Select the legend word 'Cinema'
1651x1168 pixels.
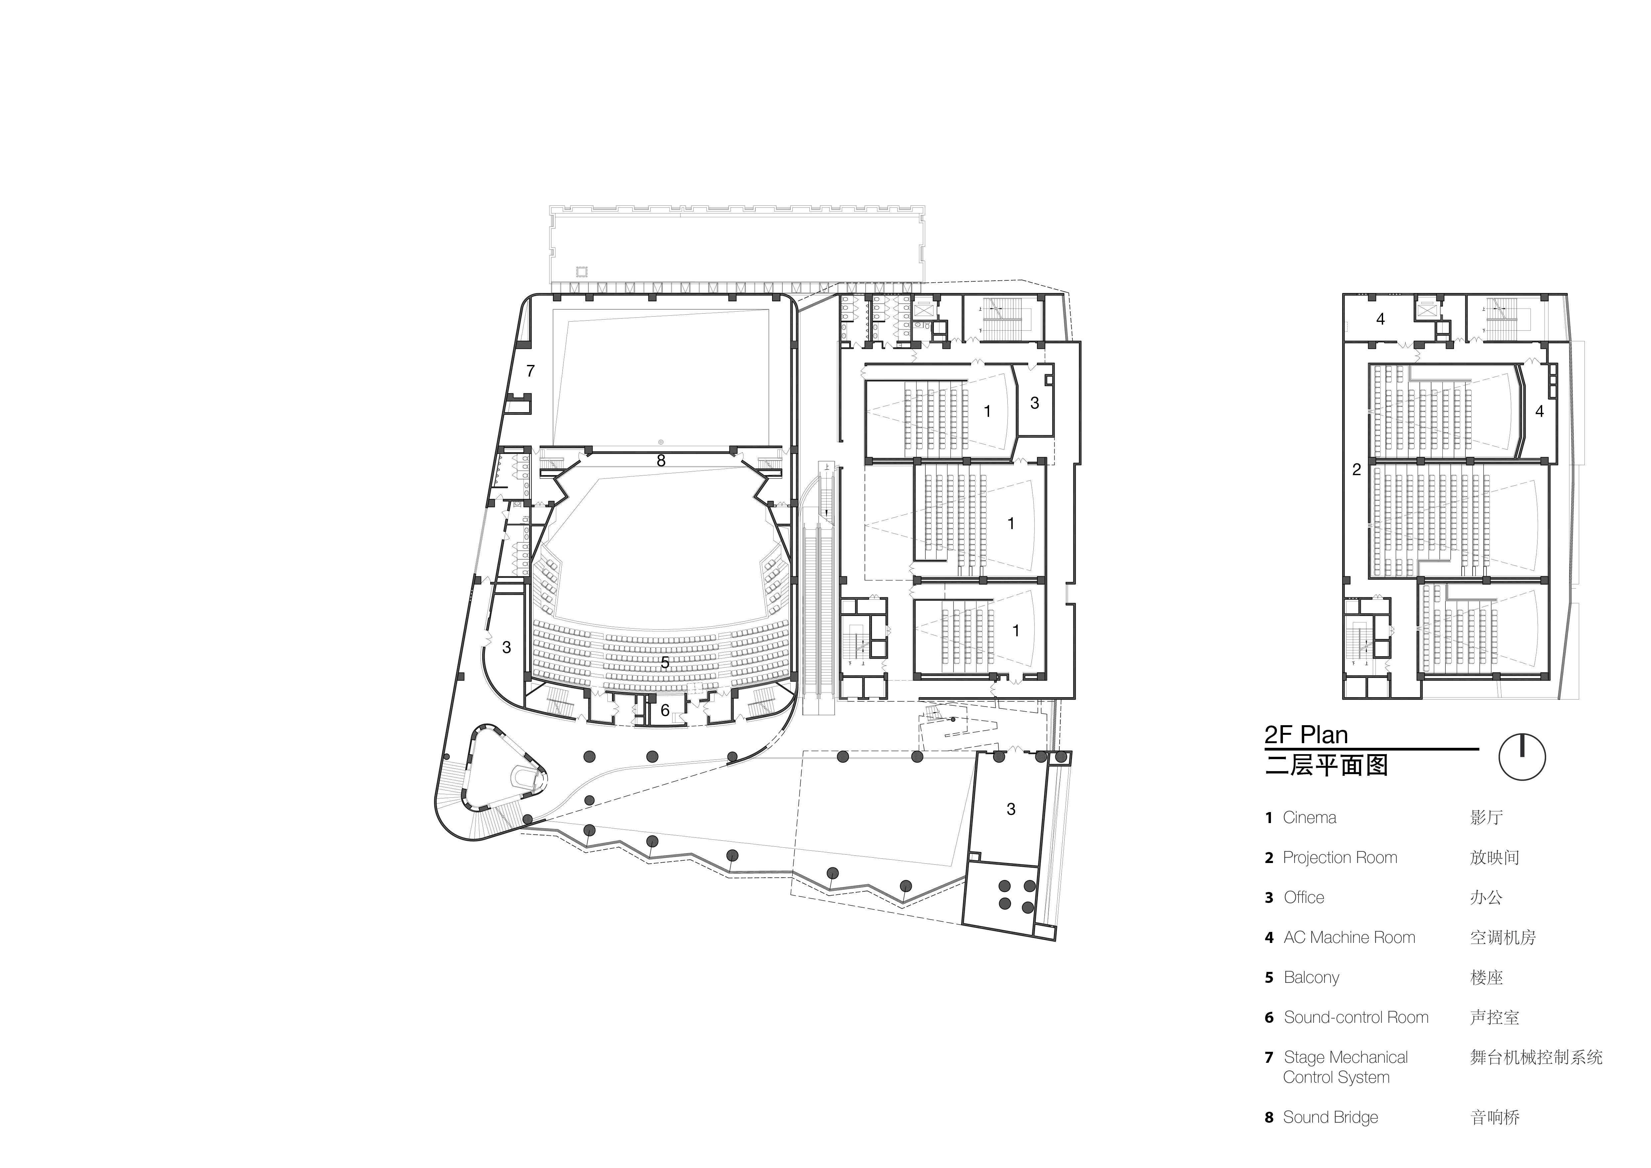(x=1310, y=818)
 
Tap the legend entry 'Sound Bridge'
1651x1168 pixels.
(x=1330, y=1117)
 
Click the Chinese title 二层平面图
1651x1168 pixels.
(x=1326, y=764)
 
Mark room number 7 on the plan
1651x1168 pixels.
(x=531, y=371)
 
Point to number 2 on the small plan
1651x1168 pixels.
(x=1356, y=470)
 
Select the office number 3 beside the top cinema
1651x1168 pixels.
(x=1035, y=404)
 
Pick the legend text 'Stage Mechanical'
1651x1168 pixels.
(x=1345, y=1057)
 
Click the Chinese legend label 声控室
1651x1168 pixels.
(x=1494, y=1017)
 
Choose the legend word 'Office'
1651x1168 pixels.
(x=1304, y=898)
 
